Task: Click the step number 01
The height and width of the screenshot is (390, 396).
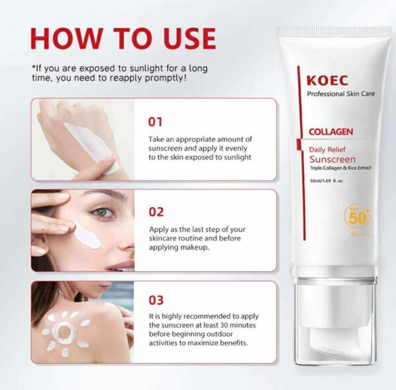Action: [155, 121]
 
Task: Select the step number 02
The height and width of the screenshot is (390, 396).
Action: [156, 212]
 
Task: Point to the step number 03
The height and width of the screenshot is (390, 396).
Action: [156, 300]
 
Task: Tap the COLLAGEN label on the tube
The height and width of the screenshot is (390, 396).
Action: [331, 131]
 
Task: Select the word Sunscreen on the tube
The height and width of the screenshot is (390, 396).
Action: [333, 159]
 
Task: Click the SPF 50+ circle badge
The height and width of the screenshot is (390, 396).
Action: [357, 216]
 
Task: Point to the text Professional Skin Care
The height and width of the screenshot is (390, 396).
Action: [341, 94]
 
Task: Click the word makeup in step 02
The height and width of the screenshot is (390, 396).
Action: [195, 247]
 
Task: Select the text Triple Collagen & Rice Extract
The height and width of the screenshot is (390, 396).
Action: [341, 168]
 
